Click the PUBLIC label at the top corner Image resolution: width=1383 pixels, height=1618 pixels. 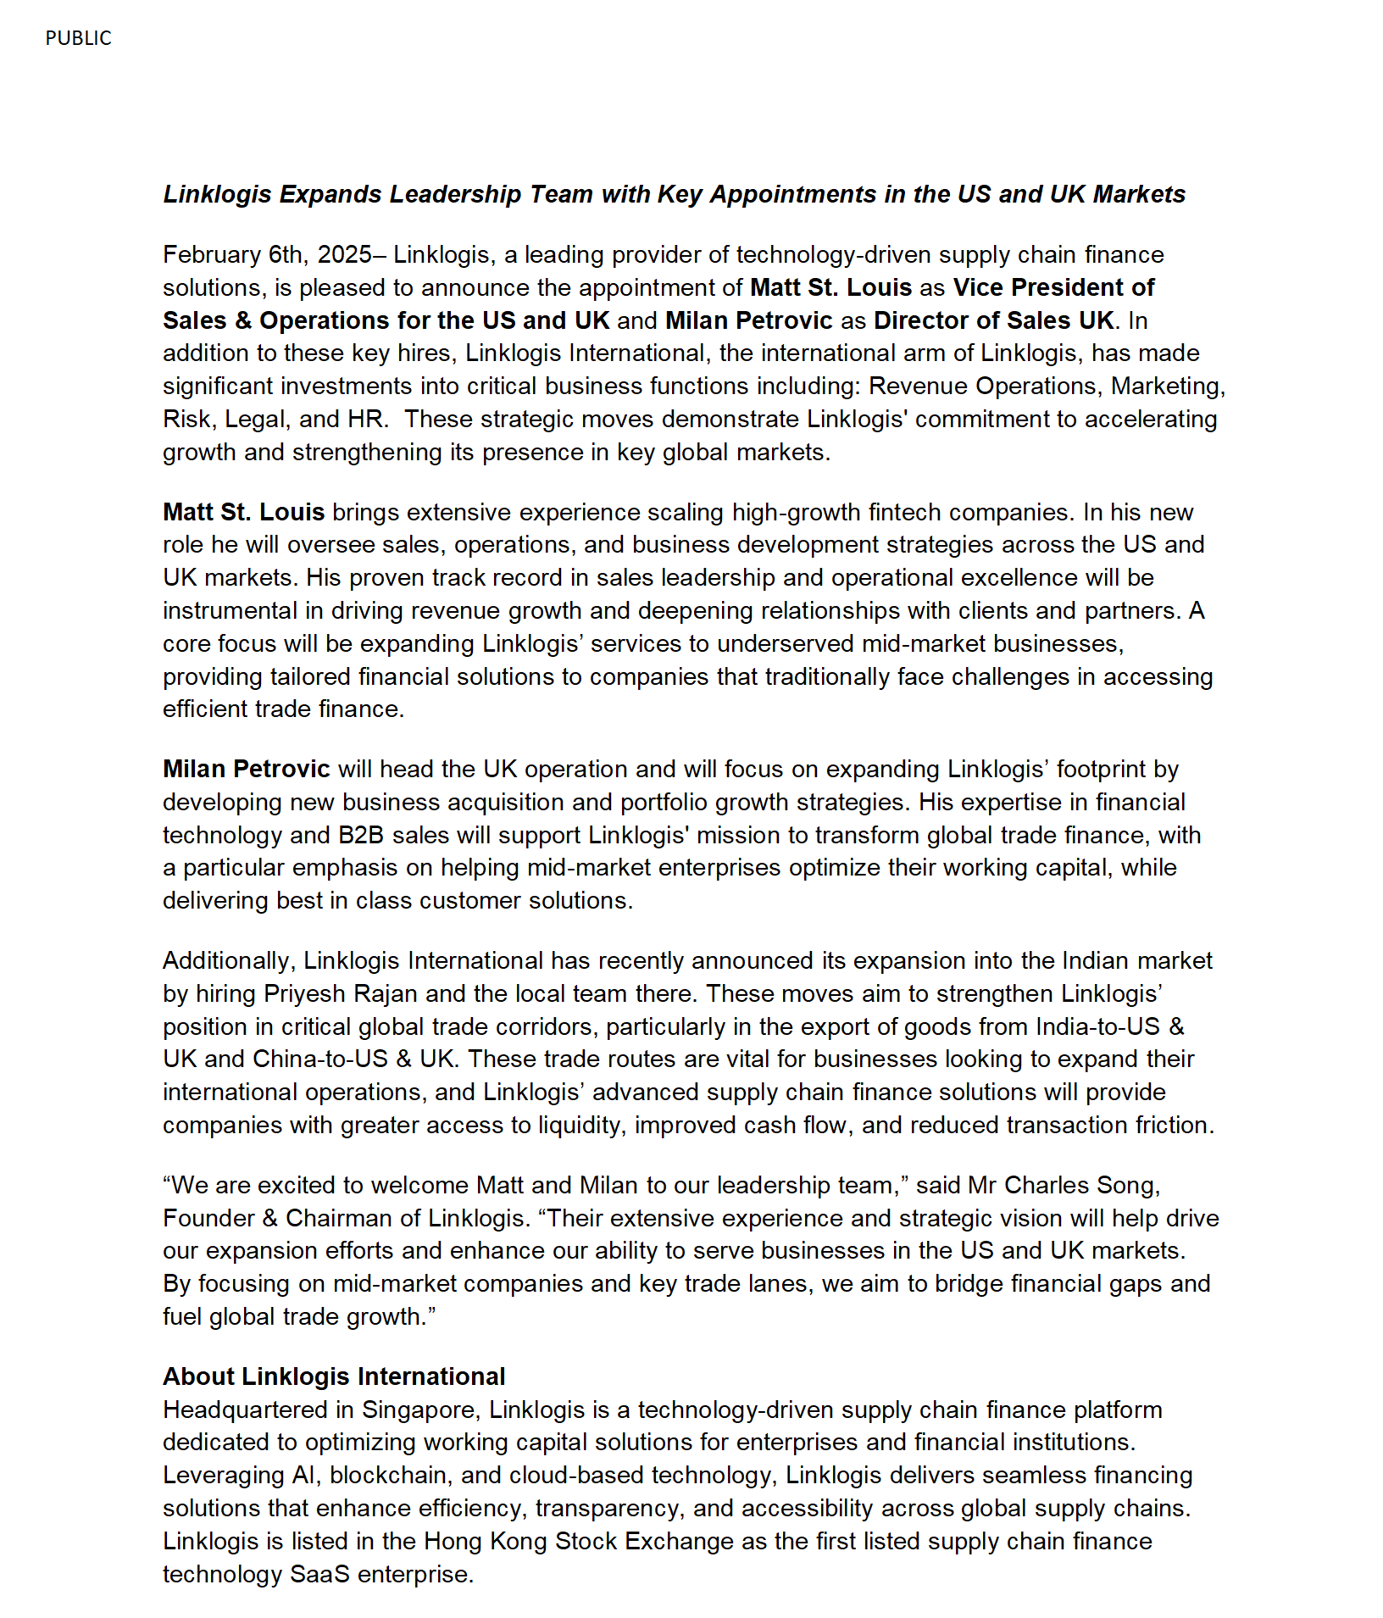(x=78, y=38)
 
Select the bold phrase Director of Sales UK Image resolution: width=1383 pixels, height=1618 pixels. (x=993, y=320)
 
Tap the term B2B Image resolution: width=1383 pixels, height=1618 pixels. (x=361, y=835)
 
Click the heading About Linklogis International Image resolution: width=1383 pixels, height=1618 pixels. (x=334, y=1376)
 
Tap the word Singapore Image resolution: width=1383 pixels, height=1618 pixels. (x=418, y=1409)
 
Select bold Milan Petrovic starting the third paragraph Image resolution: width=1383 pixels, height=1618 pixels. (x=246, y=769)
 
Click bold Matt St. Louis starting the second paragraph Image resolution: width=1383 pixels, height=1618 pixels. (x=243, y=512)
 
